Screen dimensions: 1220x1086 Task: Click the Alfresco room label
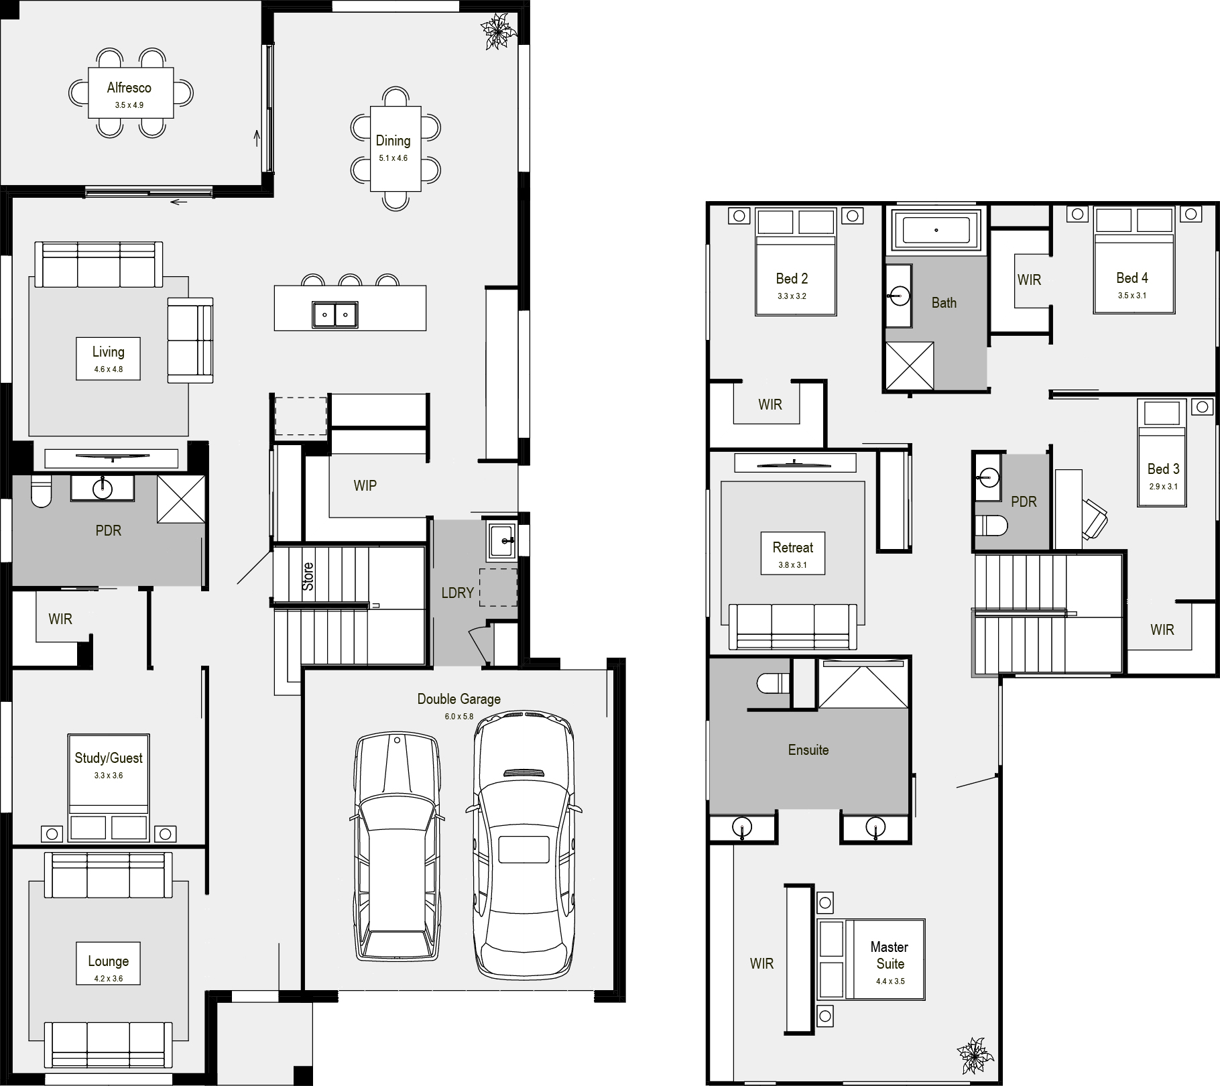pyautogui.click(x=129, y=88)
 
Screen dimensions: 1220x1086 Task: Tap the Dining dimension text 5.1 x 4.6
pyautogui.click(x=393, y=158)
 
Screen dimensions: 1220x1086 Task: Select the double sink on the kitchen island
pyautogui.click(x=334, y=314)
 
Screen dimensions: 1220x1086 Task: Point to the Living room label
pyautogui.click(x=108, y=352)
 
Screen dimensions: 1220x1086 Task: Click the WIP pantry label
pyautogui.click(x=365, y=485)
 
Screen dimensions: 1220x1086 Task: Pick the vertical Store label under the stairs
pyautogui.click(x=308, y=577)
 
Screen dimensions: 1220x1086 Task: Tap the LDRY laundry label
pyautogui.click(x=458, y=593)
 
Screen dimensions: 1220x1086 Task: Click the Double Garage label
pyautogui.click(x=459, y=699)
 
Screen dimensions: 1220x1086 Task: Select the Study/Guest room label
pyautogui.click(x=109, y=758)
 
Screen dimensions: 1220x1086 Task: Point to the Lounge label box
pyautogui.click(x=108, y=965)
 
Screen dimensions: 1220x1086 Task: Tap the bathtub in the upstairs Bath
pyautogui.click(x=936, y=230)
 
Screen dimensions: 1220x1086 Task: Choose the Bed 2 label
pyautogui.click(x=792, y=279)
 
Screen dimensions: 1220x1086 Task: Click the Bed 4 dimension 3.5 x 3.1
pyautogui.click(x=1132, y=296)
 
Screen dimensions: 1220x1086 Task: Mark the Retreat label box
pyautogui.click(x=793, y=554)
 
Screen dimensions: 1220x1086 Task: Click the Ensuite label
pyautogui.click(x=808, y=750)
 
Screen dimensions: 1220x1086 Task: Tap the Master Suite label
pyautogui.click(x=890, y=955)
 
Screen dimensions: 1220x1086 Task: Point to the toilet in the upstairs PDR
pyautogui.click(x=991, y=526)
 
